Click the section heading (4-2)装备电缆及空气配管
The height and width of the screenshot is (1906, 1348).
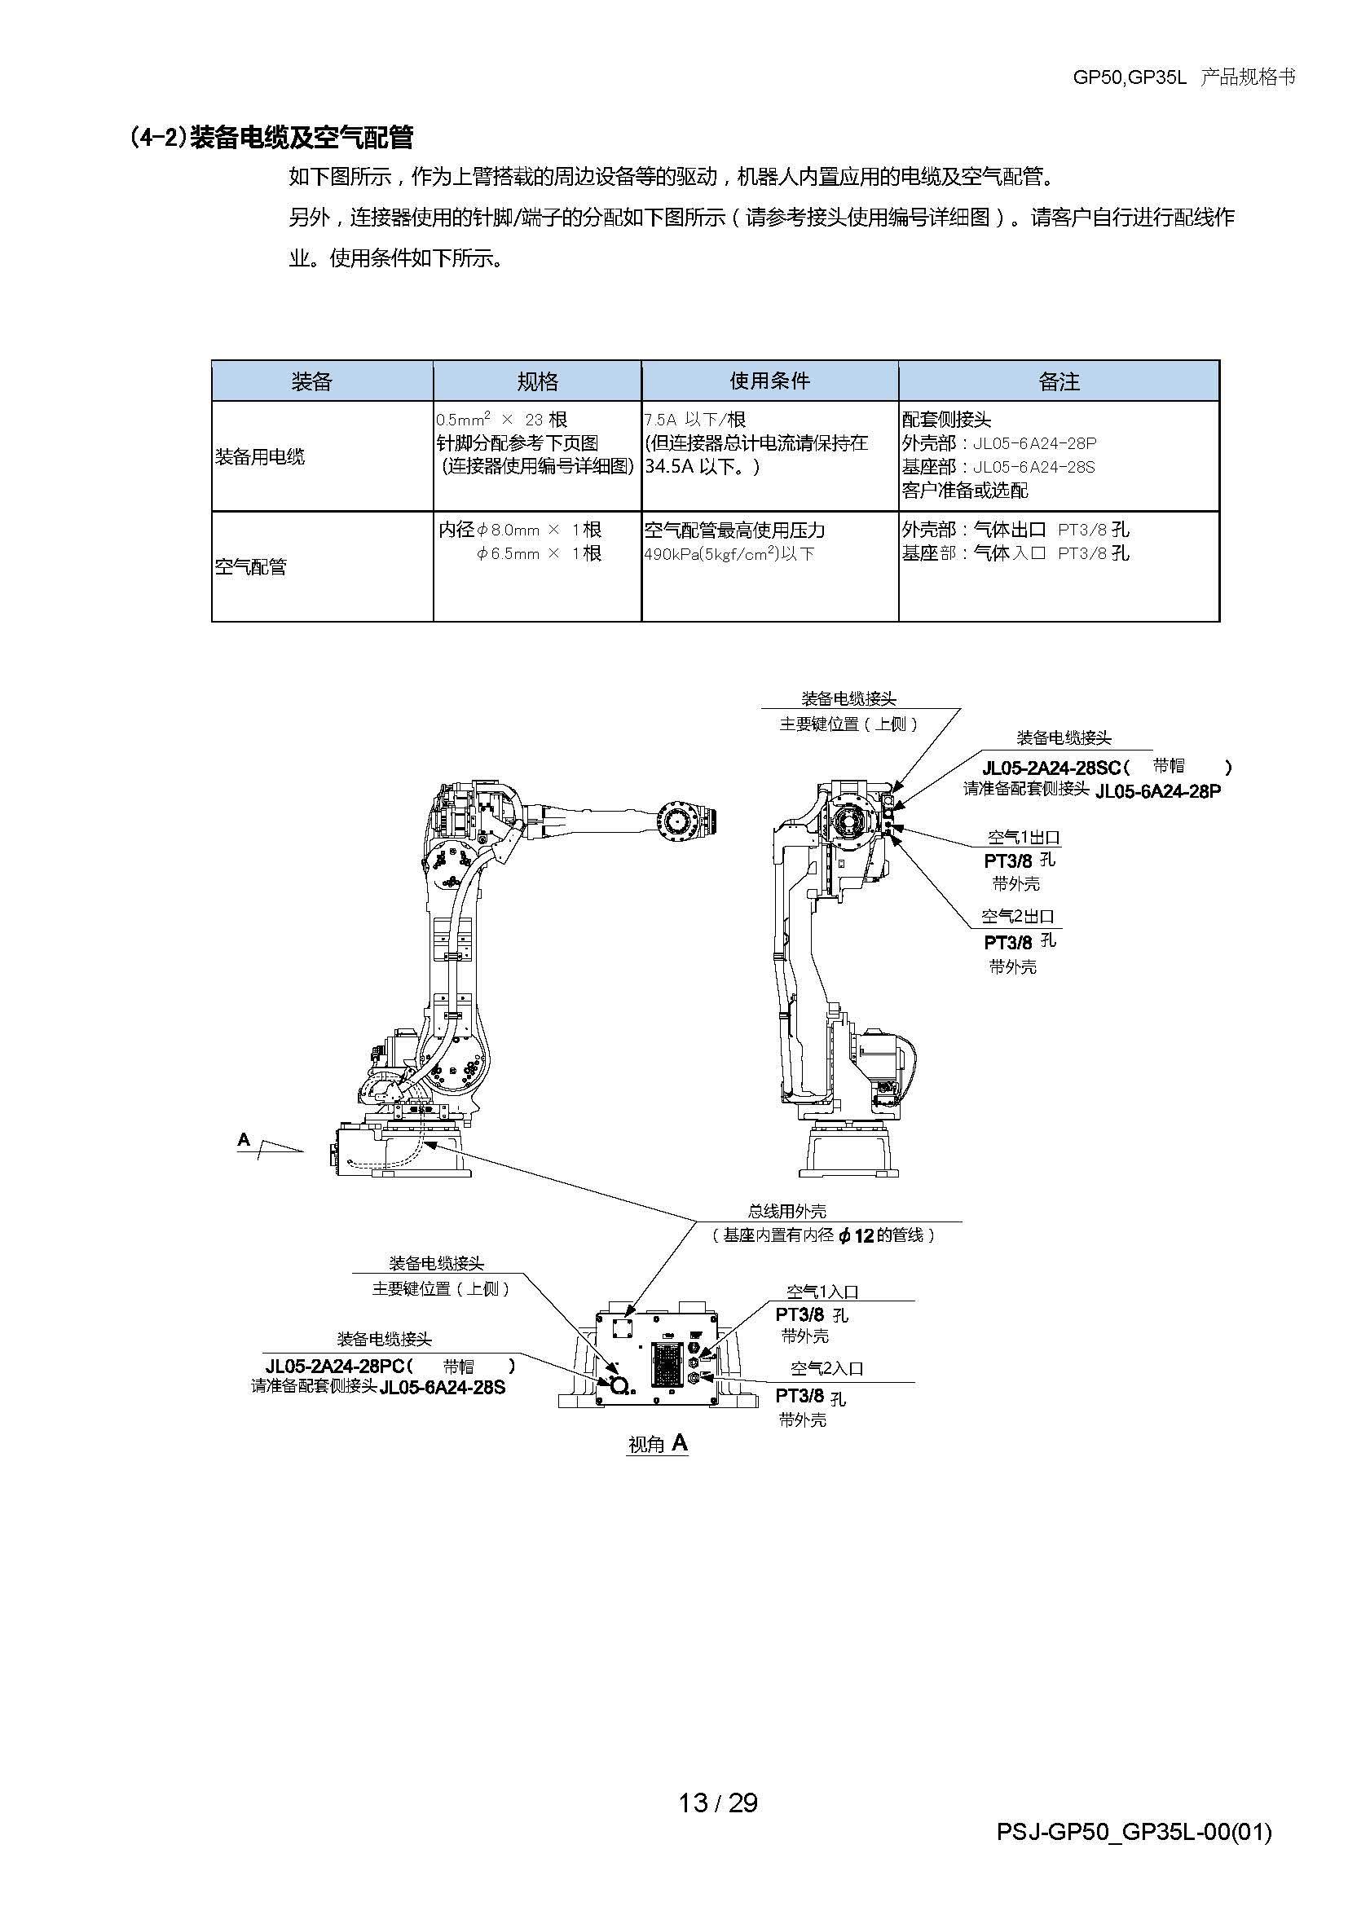coord(271,138)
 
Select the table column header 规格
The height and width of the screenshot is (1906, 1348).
coord(537,381)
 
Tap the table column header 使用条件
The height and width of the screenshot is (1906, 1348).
coord(769,381)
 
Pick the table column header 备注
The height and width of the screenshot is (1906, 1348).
coord(1059,381)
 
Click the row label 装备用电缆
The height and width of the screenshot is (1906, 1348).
coord(260,456)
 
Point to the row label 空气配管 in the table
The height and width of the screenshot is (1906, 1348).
coord(251,567)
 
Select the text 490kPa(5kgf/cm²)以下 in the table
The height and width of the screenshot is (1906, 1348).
coord(729,553)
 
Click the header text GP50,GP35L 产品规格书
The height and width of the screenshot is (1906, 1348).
coord(1183,78)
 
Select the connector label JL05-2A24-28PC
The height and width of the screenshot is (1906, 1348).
coord(334,1366)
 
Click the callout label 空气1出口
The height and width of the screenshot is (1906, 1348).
coord(1024,838)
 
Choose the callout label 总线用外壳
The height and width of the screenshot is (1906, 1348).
coord(787,1211)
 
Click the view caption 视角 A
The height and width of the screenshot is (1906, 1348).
coord(659,1445)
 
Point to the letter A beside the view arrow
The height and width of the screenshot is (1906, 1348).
coord(243,1140)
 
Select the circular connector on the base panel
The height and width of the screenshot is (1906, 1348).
coord(618,1384)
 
